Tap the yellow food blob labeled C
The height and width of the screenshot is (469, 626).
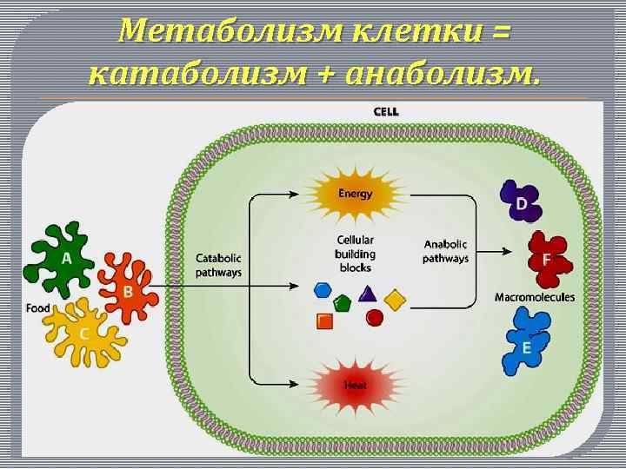point(84,332)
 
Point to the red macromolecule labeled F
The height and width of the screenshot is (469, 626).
point(545,260)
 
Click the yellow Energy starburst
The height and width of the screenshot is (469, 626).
point(355,193)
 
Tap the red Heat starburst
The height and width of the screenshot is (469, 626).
point(355,385)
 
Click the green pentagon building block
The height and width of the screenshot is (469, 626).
point(343,303)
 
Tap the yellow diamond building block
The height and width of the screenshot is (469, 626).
point(395,300)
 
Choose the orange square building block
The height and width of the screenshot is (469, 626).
point(325,320)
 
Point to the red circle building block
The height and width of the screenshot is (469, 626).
point(375,318)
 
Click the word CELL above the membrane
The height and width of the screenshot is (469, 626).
point(386,111)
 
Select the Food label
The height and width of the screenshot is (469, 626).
point(37,307)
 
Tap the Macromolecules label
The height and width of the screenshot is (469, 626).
point(534,297)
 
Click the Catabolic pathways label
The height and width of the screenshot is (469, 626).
point(219,265)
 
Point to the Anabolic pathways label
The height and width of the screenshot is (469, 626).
point(446,251)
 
